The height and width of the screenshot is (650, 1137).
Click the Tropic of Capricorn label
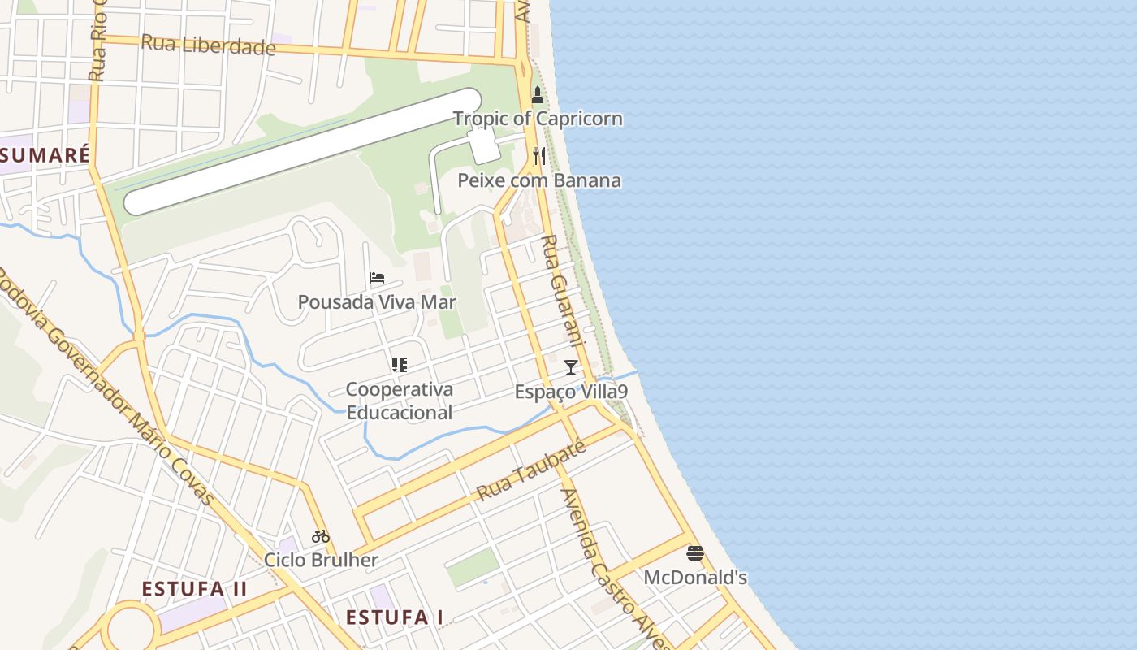(538, 119)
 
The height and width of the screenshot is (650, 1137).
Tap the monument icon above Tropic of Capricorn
(537, 95)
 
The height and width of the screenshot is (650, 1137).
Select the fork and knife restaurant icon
(539, 156)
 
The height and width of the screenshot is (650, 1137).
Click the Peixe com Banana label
(539, 180)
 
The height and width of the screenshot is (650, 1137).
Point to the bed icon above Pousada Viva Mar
(377, 278)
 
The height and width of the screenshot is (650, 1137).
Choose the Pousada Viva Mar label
(377, 302)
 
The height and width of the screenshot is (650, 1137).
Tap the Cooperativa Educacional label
(400, 401)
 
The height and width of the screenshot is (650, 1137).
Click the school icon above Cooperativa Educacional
(399, 365)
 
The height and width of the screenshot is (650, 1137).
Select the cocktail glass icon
(571, 367)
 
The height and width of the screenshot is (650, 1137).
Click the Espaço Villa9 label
(571, 392)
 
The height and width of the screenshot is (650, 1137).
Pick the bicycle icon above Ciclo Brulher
(321, 536)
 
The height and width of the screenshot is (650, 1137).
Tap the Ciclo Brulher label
(321, 560)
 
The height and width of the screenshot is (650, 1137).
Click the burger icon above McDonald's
(695, 553)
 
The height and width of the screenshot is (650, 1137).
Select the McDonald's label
(695, 578)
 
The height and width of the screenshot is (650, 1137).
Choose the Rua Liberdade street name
(208, 45)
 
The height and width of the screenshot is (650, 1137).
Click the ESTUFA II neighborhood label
(194, 589)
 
